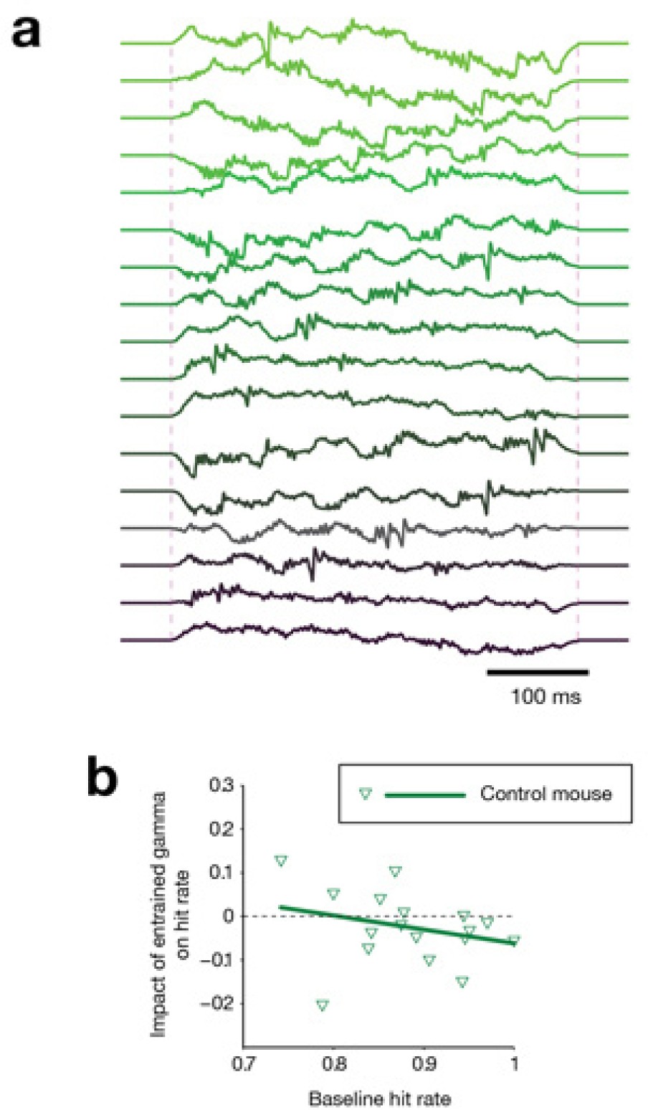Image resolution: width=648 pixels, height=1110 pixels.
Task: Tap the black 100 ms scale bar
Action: click(537, 673)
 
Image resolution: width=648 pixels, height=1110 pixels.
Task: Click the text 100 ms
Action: click(545, 696)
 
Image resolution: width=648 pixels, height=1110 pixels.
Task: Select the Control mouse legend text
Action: click(546, 794)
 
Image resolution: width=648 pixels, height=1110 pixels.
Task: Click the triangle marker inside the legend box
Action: click(366, 794)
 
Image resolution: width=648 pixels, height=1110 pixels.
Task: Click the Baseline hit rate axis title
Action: click(379, 1097)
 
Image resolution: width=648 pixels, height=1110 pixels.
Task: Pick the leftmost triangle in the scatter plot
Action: click(282, 860)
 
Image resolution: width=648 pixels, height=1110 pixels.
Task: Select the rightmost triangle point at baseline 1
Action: click(514, 939)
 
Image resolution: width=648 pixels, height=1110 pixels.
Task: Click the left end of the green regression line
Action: click(280, 907)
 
